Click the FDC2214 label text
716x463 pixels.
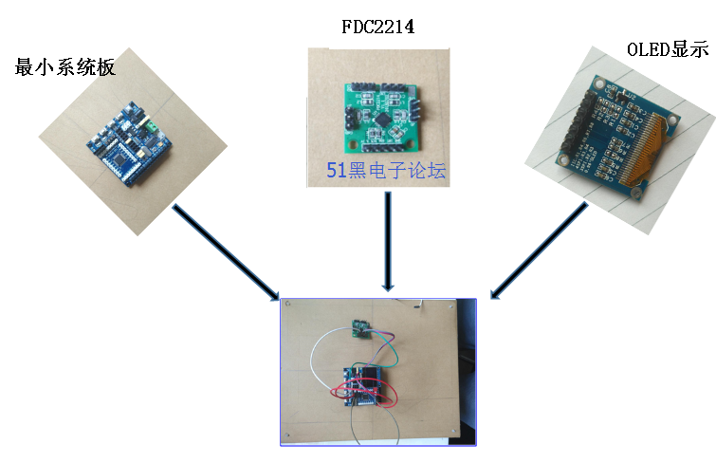coord(378,27)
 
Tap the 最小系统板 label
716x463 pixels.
coord(64,67)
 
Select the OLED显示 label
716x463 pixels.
coord(668,49)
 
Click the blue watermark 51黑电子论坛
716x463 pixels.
coord(386,170)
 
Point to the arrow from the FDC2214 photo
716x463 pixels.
coord(388,241)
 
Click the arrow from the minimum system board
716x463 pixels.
coord(226,251)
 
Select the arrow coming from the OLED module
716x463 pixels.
coord(539,250)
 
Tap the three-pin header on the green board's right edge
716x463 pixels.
coord(414,110)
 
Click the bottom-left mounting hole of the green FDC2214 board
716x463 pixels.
coord(353,146)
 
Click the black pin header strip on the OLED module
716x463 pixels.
coord(577,122)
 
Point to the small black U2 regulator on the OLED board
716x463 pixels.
coord(620,95)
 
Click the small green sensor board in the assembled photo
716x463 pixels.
coord(360,328)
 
